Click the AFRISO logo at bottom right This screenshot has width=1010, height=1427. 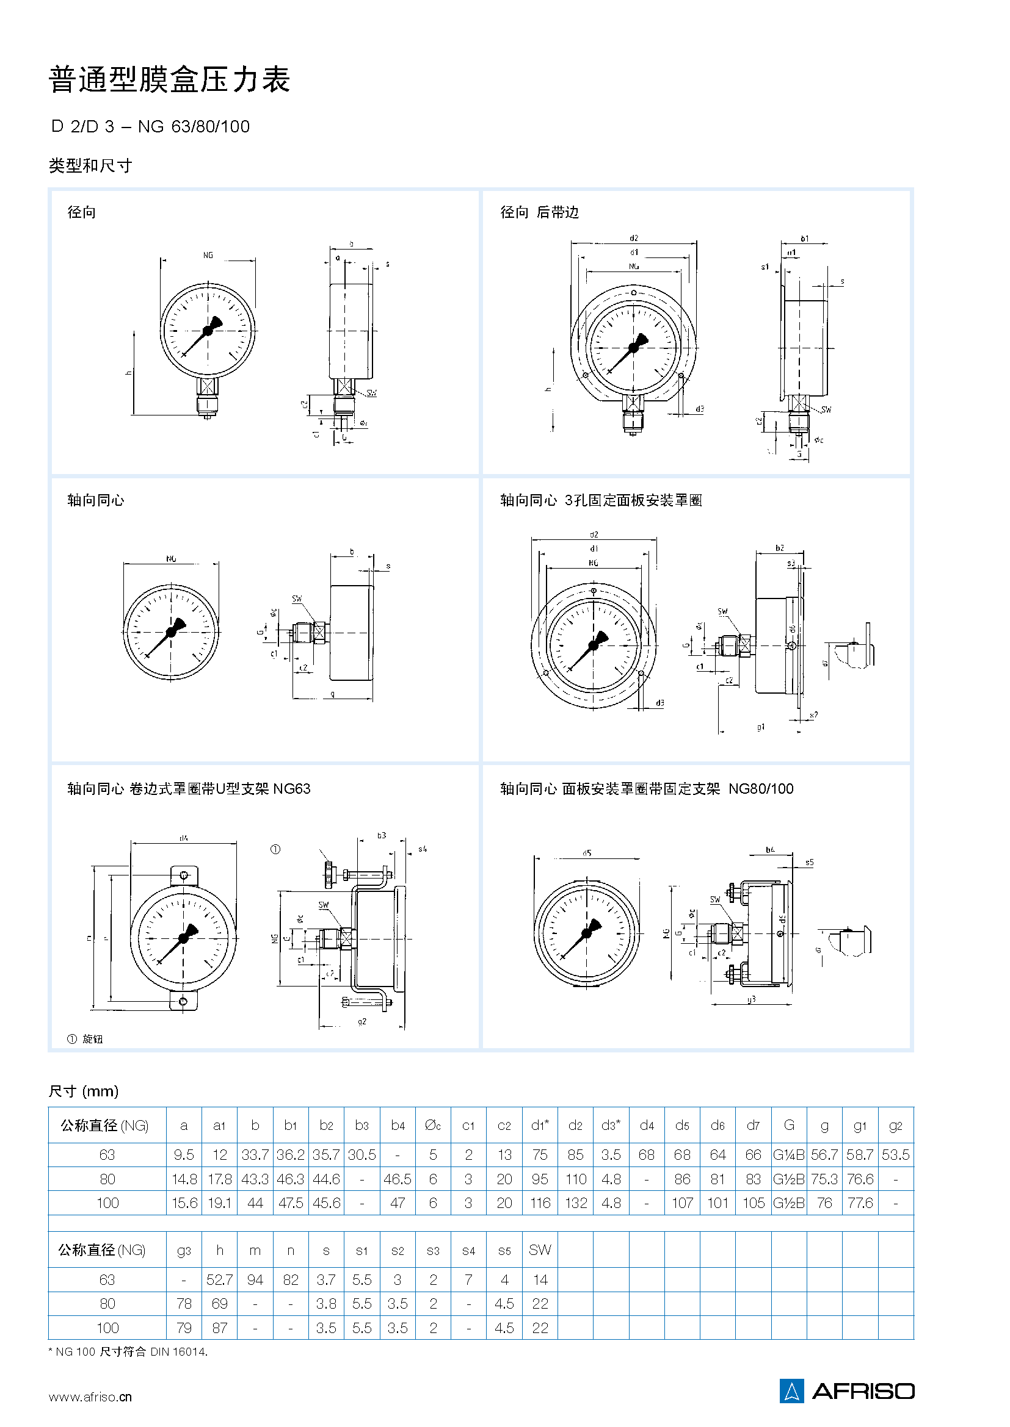846,1390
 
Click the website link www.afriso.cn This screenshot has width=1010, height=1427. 90,1396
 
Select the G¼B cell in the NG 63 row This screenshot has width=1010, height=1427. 788,1154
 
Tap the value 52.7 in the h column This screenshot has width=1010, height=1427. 219,1279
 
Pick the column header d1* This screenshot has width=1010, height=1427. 539,1125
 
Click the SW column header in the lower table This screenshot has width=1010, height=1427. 539,1249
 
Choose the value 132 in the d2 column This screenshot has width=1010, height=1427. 575,1202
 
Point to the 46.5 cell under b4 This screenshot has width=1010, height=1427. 398,1179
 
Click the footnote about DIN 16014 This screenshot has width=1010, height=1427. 128,1351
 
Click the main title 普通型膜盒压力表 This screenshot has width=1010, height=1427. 169,79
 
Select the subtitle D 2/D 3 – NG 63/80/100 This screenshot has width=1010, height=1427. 150,127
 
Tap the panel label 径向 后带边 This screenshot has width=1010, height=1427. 539,212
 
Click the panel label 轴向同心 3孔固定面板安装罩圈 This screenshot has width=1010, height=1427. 601,500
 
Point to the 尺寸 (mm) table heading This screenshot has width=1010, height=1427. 83,1091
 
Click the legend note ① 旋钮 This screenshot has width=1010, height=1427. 85,1038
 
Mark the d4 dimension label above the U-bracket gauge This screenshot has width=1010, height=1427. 183,838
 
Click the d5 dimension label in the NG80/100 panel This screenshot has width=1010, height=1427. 586,853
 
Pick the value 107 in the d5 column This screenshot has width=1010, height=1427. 681,1202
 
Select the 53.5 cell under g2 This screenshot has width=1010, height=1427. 895,1154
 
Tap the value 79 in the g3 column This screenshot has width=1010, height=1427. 183,1328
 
